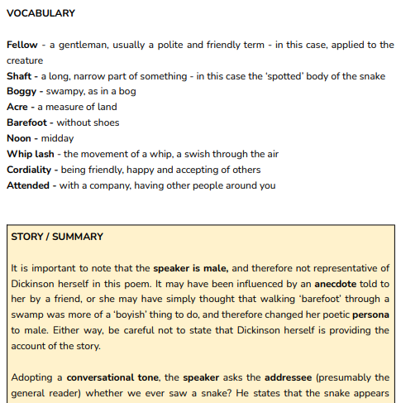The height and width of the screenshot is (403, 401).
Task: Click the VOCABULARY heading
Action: tap(41, 13)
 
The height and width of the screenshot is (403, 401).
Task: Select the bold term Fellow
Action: tap(21, 45)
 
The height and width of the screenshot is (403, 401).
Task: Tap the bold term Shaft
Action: tap(20, 76)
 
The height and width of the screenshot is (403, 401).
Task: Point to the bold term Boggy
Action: tap(21, 92)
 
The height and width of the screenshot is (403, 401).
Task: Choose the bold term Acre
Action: tap(18, 107)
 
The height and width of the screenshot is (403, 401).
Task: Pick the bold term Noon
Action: tap(20, 138)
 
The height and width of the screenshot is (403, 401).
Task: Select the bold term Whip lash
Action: tap(31, 154)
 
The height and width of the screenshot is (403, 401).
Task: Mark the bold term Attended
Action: tap(29, 185)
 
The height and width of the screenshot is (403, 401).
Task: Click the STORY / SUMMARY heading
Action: tap(57, 237)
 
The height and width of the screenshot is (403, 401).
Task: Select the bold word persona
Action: tap(370, 314)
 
